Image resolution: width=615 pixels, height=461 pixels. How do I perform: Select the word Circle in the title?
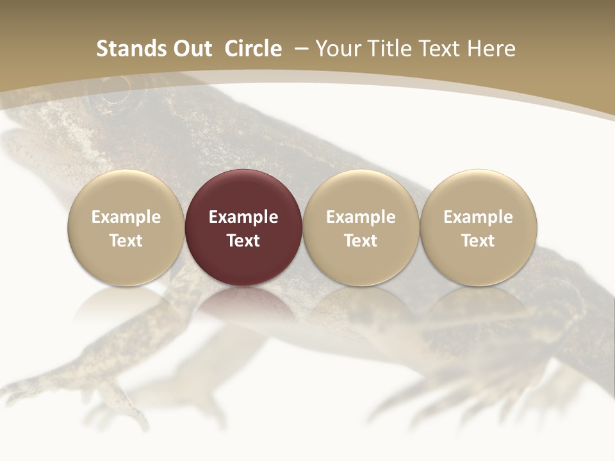pyautogui.click(x=253, y=49)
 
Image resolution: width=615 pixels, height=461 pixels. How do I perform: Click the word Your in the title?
pyautogui.click(x=336, y=49)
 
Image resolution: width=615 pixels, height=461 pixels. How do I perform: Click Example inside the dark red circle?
pyautogui.click(x=243, y=217)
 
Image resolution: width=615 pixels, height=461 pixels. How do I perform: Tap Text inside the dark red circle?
pyautogui.click(x=243, y=241)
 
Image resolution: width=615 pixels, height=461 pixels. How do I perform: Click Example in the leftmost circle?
pyautogui.click(x=126, y=217)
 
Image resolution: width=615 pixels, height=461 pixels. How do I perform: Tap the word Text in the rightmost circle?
pyautogui.click(x=479, y=241)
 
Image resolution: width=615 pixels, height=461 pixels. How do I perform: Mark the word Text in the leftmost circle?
pyautogui.click(x=126, y=241)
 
